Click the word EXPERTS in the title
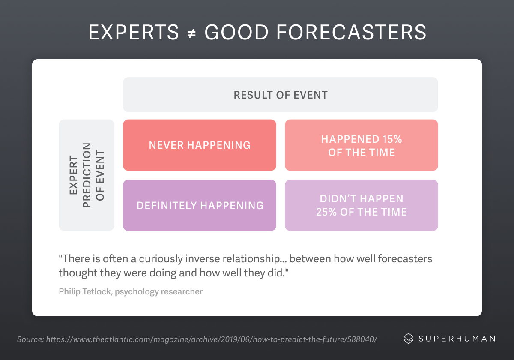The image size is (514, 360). [133, 33]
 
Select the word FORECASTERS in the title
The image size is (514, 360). [351, 33]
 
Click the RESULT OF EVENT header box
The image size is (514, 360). [281, 95]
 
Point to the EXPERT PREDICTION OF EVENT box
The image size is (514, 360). [87, 175]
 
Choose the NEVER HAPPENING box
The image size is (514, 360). [200, 145]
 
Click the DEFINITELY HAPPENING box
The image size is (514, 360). [200, 205]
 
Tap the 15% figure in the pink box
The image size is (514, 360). [392, 139]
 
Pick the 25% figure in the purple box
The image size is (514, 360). [326, 212]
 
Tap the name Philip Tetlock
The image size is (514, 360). [85, 291]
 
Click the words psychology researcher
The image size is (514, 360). [159, 292]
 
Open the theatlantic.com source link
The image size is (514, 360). [211, 339]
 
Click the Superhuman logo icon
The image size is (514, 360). [409, 339]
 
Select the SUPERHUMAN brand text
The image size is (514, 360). [457, 339]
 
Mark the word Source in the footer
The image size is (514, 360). [30, 339]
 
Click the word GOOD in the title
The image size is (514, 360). [236, 33]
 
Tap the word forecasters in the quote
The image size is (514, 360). [405, 259]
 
